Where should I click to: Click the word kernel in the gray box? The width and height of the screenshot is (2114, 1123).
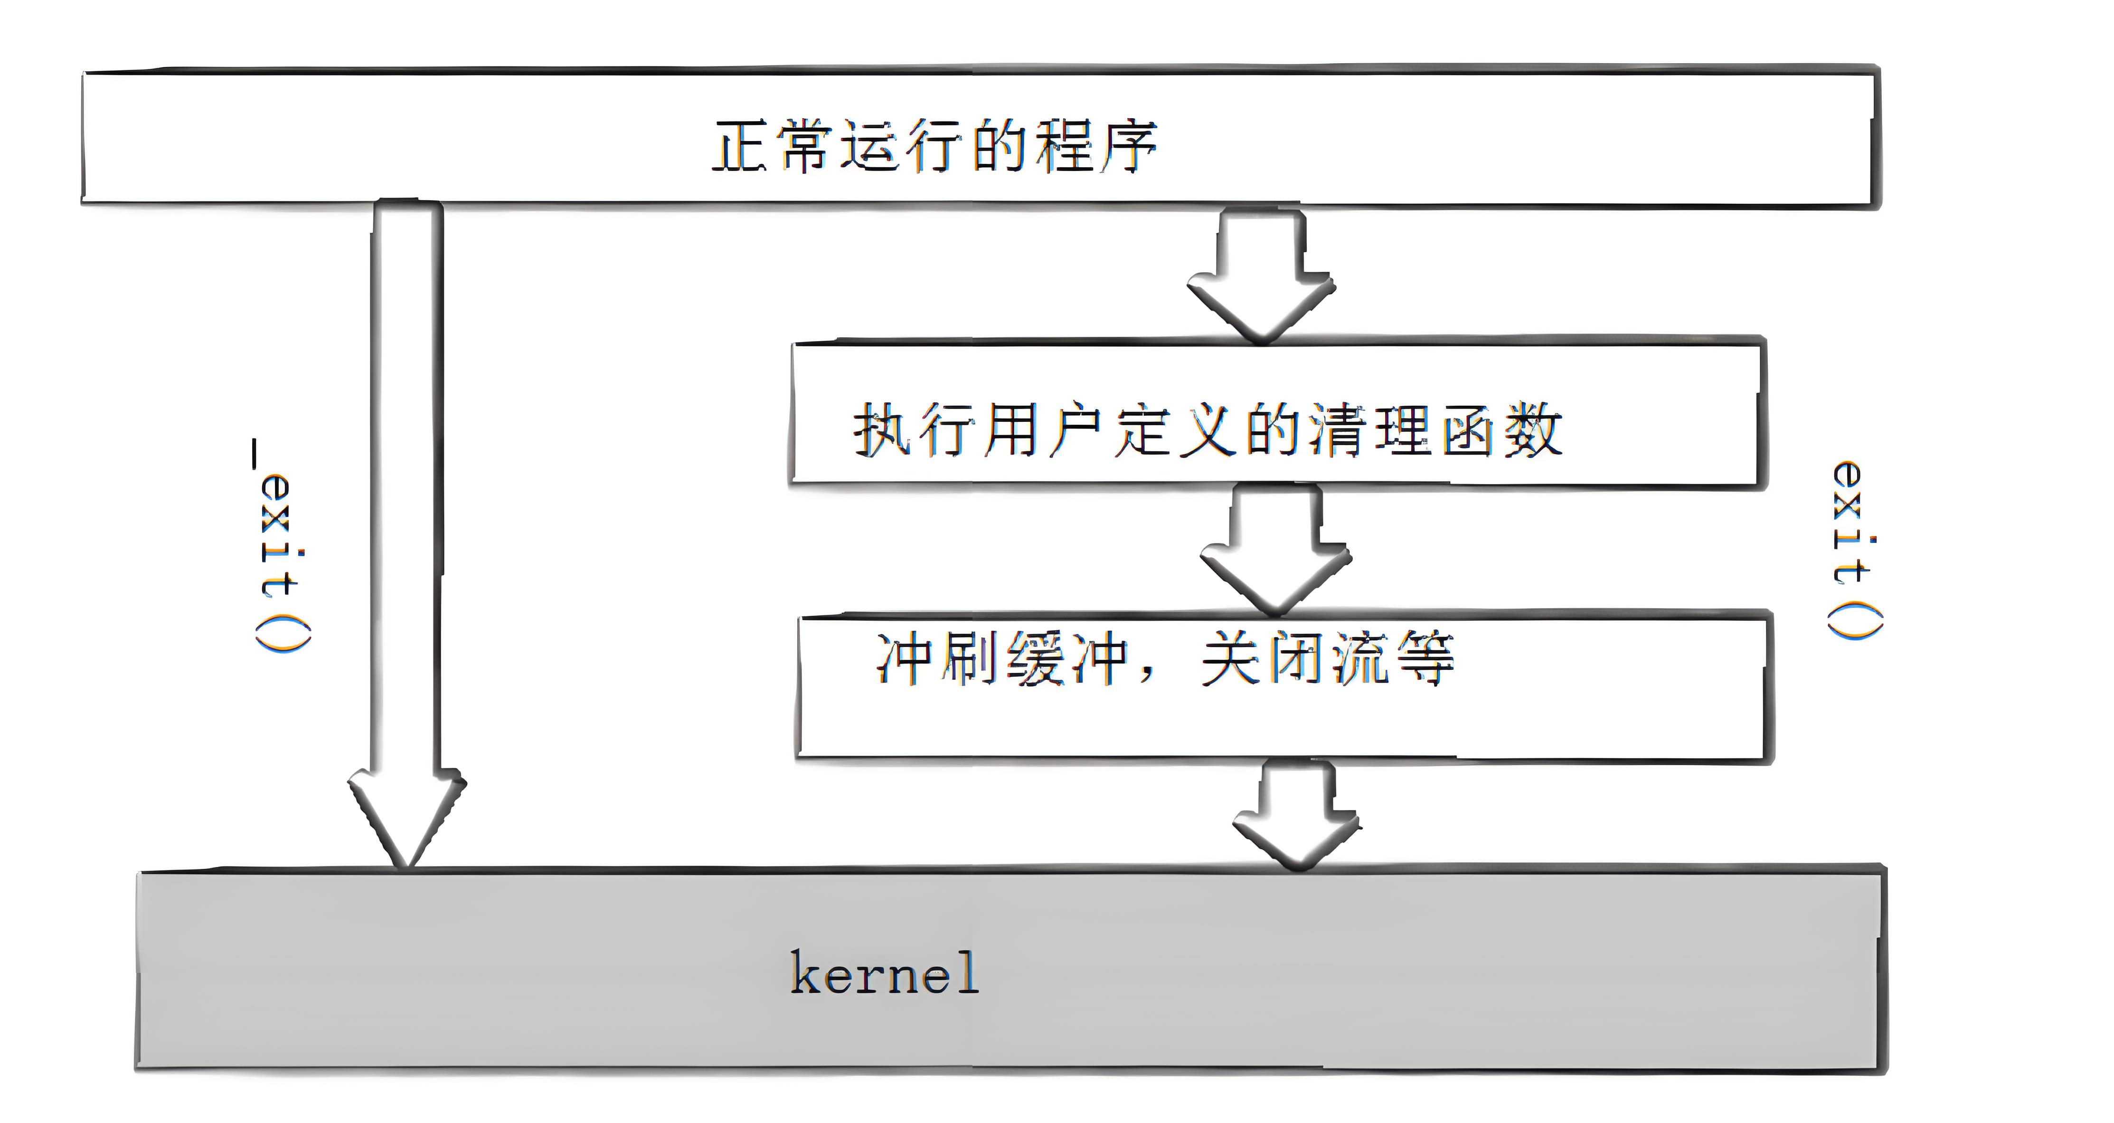(x=884, y=973)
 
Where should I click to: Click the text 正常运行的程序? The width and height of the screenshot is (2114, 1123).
(x=934, y=146)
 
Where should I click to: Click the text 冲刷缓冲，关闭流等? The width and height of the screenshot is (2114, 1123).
(x=1164, y=658)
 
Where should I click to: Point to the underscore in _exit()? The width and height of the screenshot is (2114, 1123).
(x=255, y=454)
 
